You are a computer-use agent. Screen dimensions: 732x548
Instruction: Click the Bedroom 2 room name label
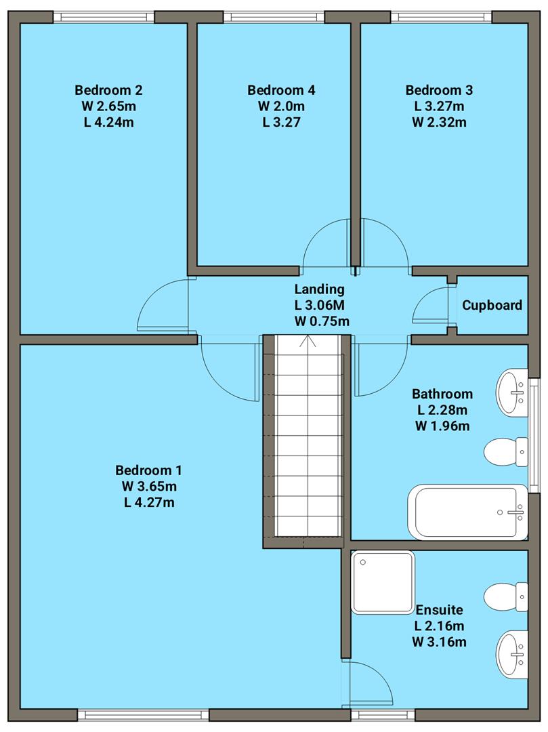click(108, 89)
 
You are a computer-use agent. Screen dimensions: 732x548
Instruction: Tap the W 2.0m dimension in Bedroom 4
click(281, 106)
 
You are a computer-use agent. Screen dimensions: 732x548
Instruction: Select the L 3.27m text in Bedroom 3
click(439, 106)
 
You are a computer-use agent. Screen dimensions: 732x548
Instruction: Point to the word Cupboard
click(492, 305)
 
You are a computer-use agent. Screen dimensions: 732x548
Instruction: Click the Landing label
click(312, 289)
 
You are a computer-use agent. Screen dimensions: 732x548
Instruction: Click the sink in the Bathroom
click(513, 392)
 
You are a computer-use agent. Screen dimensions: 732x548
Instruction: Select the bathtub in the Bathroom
click(466, 512)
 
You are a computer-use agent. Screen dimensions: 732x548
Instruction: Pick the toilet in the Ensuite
click(507, 596)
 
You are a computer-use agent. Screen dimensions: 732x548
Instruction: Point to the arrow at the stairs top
click(312, 340)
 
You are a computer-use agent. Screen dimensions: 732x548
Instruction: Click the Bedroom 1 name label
click(148, 470)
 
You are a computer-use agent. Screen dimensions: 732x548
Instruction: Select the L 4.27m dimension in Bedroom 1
click(148, 502)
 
